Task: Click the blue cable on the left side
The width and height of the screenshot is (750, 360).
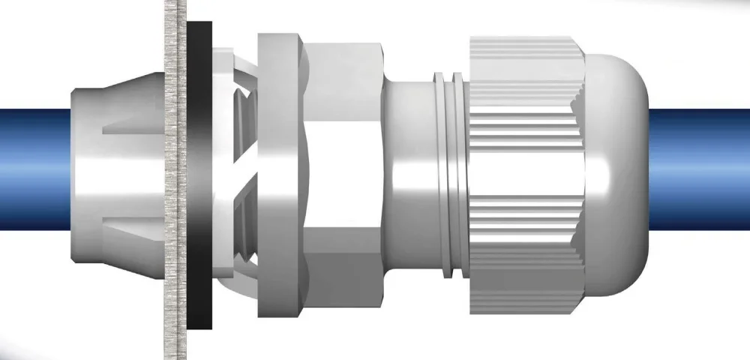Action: click(34, 169)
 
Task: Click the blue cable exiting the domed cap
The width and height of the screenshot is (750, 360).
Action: click(697, 169)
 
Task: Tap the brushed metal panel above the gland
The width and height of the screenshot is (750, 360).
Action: click(175, 37)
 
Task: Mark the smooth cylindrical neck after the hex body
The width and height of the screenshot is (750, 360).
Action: click(409, 176)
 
